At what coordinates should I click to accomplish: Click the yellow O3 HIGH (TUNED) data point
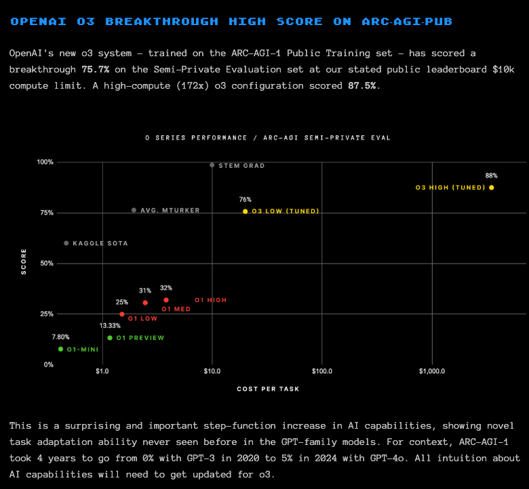coord(491,188)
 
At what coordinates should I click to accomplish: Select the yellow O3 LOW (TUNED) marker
coord(245,211)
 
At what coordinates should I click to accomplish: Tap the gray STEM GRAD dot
coord(212,165)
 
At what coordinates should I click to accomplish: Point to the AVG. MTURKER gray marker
coord(134,211)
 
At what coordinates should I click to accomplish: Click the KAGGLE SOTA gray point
coord(66,243)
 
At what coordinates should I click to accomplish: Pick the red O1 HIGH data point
coord(166,300)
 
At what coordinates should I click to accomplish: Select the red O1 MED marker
coord(145,303)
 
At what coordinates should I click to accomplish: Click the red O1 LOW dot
coord(122,314)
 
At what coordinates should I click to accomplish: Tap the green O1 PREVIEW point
coord(110,338)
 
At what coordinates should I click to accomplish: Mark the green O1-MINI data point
coord(60,349)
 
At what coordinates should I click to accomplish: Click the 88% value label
coord(491,175)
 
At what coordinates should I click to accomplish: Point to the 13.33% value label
coord(109,326)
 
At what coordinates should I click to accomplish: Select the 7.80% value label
coord(60,337)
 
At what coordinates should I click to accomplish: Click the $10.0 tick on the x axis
coord(212,371)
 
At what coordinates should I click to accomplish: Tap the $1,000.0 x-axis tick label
coord(431,371)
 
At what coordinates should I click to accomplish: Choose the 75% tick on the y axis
coord(45,213)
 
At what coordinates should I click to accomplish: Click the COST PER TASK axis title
coord(268,389)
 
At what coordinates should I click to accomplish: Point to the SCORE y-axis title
coord(24,262)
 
